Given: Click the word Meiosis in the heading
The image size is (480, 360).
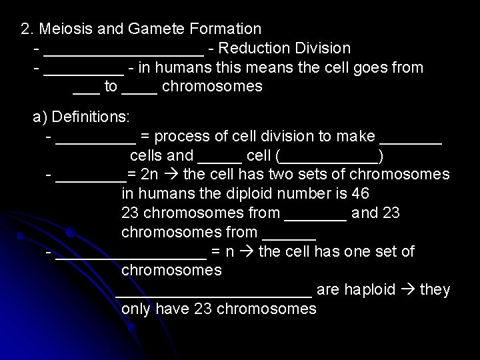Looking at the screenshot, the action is (65, 29).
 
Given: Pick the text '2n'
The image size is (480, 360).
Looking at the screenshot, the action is (147, 175).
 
